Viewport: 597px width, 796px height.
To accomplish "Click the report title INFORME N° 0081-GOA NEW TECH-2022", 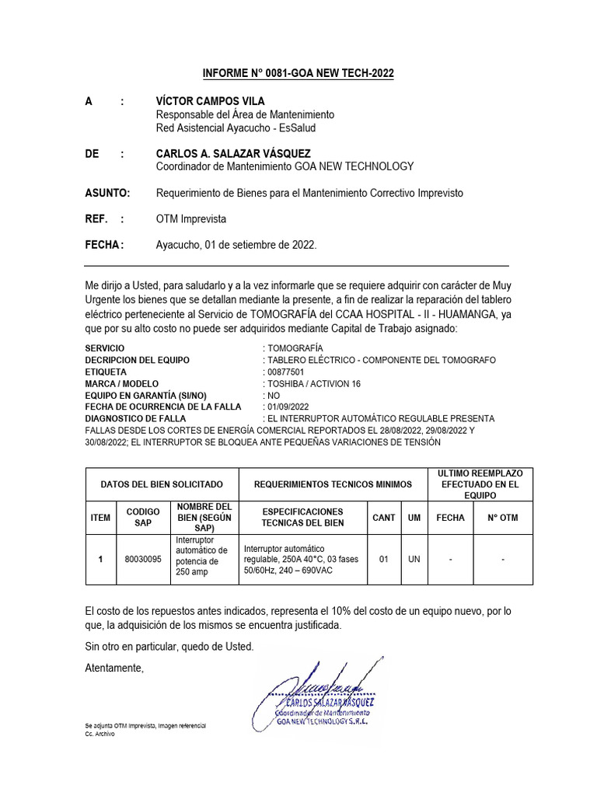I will pos(298,73).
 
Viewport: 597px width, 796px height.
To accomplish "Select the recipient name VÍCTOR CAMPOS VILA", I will pos(210,101).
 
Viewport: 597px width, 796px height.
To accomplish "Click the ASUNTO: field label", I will pos(107,193).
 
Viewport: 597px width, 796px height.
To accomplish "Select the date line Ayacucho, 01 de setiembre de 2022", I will pos(236,245).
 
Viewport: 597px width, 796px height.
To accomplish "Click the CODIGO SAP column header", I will pos(142,517).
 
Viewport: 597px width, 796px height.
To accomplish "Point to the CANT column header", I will pos(383,517).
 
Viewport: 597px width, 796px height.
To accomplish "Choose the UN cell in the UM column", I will pos(414,558).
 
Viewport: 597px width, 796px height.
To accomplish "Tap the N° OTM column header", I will pos(503,517).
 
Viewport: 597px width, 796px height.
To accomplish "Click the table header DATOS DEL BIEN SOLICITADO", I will pos(161,484).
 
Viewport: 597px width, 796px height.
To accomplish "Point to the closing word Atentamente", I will pos(114,668).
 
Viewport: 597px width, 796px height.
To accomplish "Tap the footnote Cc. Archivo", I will pos(99,734).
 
